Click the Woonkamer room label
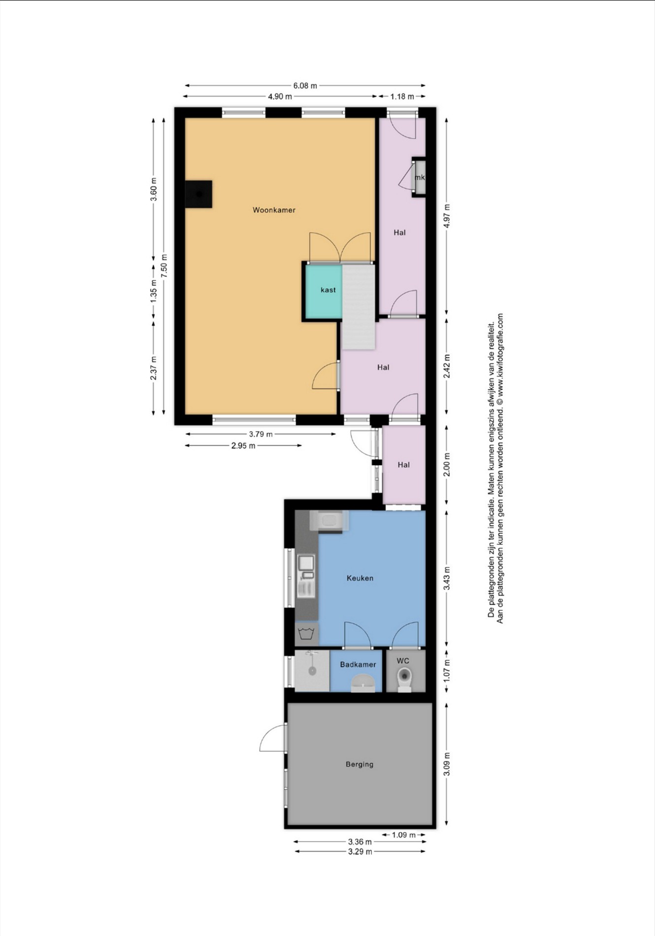click(x=274, y=210)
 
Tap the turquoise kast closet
click(x=324, y=292)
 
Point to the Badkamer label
click(x=358, y=665)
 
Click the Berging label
click(x=360, y=764)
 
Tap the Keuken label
click(x=360, y=578)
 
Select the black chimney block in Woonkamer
click(x=198, y=194)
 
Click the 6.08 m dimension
click(x=305, y=85)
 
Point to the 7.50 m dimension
click(x=164, y=266)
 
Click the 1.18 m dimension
click(x=402, y=97)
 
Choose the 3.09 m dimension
click(x=447, y=764)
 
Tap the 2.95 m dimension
click(x=243, y=446)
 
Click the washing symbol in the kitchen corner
click(x=306, y=634)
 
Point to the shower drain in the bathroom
click(x=312, y=671)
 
